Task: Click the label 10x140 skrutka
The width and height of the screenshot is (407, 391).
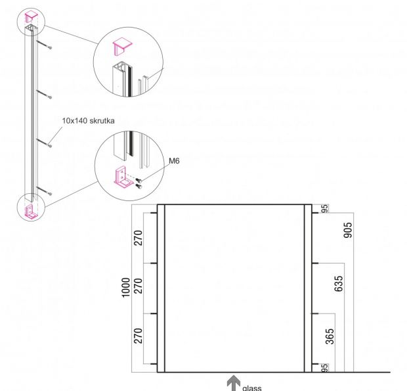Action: tap(88, 121)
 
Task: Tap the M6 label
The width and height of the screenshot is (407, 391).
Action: tap(174, 161)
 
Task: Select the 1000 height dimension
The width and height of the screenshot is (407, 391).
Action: tap(125, 287)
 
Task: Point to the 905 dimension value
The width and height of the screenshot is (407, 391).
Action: tap(348, 229)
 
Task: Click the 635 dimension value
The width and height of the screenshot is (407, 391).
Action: tap(339, 284)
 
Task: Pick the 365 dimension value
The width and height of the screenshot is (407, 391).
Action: tap(330, 336)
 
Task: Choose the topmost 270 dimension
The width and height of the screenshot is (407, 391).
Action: tap(139, 238)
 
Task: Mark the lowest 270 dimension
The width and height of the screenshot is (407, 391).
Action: tap(139, 336)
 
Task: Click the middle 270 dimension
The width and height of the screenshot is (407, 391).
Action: tap(139, 286)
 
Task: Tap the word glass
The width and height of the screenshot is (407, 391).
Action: tap(252, 388)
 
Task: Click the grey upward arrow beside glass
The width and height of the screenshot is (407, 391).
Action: tap(233, 383)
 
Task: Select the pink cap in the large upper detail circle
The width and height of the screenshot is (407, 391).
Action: tap(122, 47)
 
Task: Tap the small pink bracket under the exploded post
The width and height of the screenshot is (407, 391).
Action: tap(31, 212)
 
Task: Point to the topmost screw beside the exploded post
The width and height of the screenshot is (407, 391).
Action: tap(45, 45)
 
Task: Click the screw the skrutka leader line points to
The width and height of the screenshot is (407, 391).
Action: tap(45, 143)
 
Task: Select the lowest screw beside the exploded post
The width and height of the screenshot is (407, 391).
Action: tap(45, 191)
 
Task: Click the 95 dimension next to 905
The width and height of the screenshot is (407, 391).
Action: tap(325, 208)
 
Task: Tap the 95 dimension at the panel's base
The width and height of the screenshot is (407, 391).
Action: tap(325, 368)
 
